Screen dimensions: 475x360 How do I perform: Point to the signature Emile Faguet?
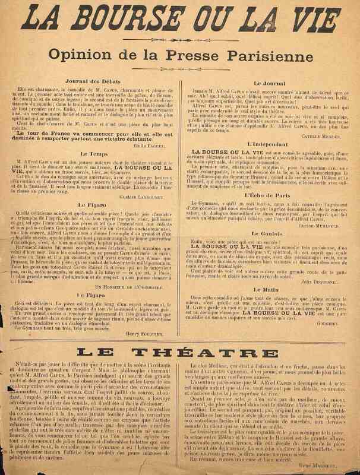(156, 145)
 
